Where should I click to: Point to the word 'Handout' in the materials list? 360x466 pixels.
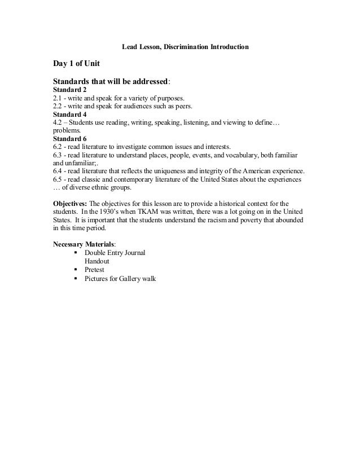click(98, 261)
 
